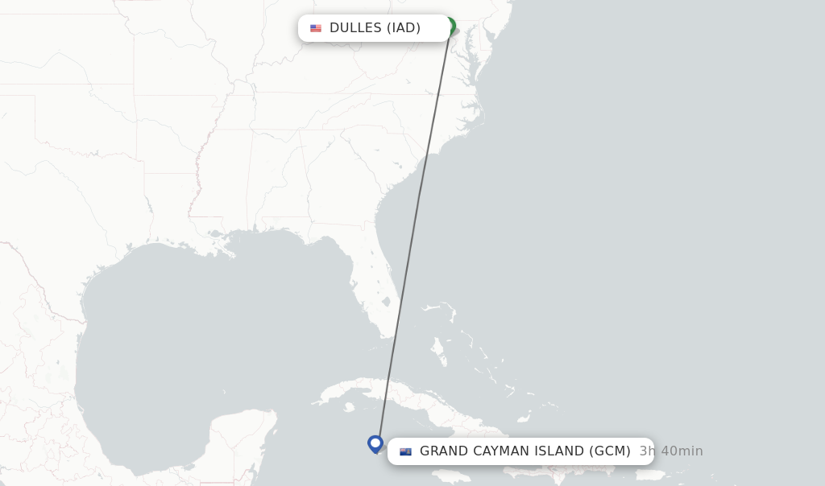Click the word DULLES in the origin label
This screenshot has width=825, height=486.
click(355, 28)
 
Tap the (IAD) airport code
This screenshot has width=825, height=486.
click(404, 28)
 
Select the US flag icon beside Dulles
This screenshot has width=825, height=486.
click(316, 28)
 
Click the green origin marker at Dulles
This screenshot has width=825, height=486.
click(450, 27)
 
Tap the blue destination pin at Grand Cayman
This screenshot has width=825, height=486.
click(375, 443)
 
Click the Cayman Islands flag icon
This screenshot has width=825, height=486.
click(405, 451)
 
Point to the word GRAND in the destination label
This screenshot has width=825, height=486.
click(444, 451)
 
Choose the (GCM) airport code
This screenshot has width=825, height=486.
click(610, 451)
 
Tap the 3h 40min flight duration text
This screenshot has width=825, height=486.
click(671, 451)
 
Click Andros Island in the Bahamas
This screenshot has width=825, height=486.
click(438, 349)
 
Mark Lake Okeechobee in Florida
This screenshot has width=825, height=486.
click(386, 303)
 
